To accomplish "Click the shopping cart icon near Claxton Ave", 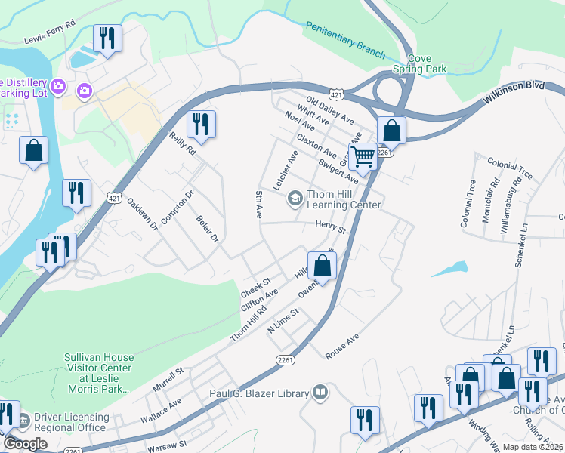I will click(x=363, y=157).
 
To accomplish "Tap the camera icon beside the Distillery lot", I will click(x=84, y=91).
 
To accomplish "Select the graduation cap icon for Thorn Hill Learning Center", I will click(x=295, y=199).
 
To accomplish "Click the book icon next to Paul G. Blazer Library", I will click(x=320, y=393).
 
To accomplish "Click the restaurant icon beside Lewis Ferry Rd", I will click(x=107, y=38).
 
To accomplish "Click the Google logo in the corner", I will click(x=25, y=444).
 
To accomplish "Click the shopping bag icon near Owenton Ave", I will click(x=322, y=267).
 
